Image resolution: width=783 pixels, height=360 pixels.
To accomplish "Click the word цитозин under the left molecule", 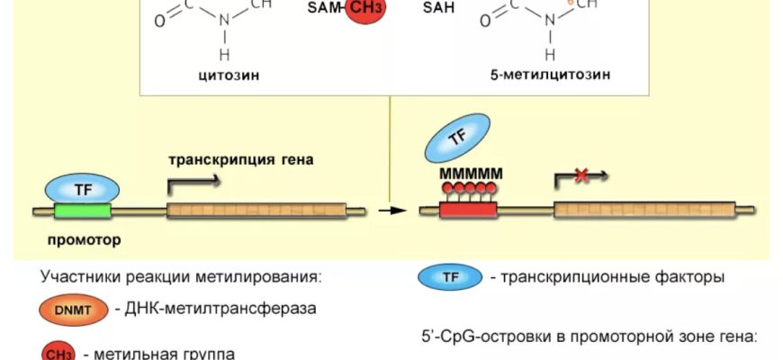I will pyautogui.click(x=229, y=75).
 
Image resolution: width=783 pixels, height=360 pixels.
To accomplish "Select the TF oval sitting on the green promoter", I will pyautogui.click(x=82, y=189).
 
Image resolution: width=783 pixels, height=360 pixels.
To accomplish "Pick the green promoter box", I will pyautogui.click(x=82, y=211).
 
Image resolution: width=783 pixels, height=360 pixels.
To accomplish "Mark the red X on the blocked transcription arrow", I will pyautogui.click(x=581, y=176).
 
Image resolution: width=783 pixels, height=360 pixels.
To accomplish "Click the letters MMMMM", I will pyautogui.click(x=471, y=173).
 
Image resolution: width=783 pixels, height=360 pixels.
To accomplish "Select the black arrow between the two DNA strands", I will pyautogui.click(x=388, y=211).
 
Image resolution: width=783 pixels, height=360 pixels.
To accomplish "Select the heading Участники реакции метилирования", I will pyautogui.click(x=181, y=276).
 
